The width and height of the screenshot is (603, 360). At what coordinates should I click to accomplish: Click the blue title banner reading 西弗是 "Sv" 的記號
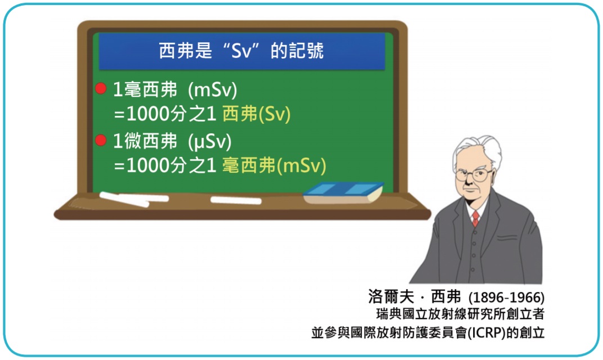[242, 51]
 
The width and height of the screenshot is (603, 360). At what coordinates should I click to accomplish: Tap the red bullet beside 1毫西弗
[101, 88]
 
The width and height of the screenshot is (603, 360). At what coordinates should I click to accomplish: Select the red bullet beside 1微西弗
[101, 140]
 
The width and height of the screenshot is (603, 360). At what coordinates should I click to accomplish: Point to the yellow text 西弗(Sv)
[256, 114]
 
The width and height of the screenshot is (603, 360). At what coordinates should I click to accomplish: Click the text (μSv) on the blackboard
[210, 142]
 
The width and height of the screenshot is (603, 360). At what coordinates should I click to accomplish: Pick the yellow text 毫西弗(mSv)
[274, 166]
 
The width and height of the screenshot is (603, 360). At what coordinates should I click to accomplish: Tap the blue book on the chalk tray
[343, 193]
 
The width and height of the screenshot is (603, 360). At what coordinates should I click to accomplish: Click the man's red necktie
[476, 218]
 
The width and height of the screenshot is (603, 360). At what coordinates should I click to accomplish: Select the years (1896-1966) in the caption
[506, 298]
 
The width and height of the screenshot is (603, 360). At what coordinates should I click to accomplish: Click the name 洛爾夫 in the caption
[391, 296]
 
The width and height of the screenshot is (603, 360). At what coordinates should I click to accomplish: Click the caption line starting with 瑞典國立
[460, 314]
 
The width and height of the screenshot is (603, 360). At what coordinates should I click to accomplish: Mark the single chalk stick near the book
[236, 200]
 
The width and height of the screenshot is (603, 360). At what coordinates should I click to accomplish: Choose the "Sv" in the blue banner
[241, 51]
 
